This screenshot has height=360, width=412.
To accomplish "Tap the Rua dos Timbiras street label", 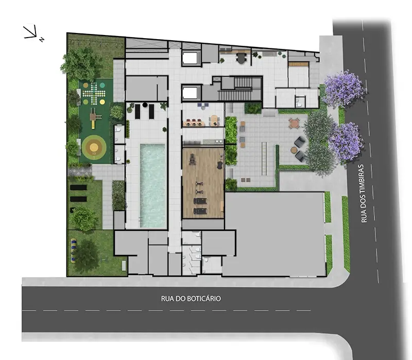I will coord(364,193).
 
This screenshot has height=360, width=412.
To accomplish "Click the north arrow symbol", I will coord(32,33).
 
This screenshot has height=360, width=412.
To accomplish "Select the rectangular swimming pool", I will coord(153,184).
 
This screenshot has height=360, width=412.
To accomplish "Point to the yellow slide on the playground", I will coord(93,119).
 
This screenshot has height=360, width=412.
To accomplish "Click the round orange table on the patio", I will coord(294,123).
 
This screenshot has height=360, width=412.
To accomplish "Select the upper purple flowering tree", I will coord(344,89).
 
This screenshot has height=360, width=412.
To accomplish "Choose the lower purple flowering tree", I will coord(346,140).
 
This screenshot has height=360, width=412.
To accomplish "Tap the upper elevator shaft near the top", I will coord(191,58).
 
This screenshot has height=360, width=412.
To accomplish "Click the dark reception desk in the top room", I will coord(241,58).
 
